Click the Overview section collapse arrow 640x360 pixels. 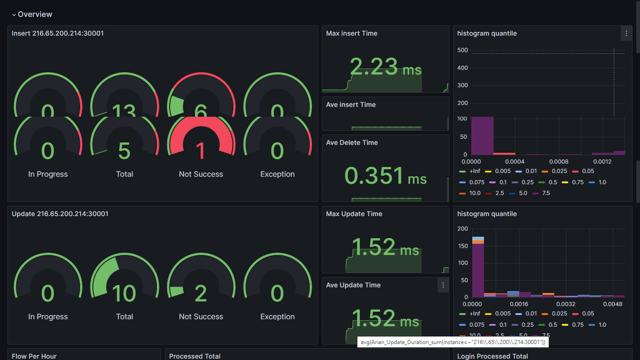(x=14, y=15)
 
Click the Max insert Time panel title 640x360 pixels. (x=351, y=33)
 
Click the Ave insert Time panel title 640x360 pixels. (x=350, y=105)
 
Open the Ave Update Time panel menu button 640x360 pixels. (x=443, y=285)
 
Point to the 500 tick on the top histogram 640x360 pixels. (x=462, y=50)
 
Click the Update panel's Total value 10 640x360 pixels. (x=124, y=294)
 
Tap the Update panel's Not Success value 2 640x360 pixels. (x=201, y=294)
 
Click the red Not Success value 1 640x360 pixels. (x=201, y=151)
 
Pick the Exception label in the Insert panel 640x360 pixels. (x=277, y=174)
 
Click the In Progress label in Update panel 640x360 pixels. (x=48, y=317)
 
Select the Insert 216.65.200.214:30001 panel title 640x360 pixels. (x=58, y=33)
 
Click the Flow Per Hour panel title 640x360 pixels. (x=34, y=356)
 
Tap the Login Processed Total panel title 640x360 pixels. (x=492, y=356)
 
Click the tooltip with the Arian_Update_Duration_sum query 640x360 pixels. (x=453, y=342)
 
